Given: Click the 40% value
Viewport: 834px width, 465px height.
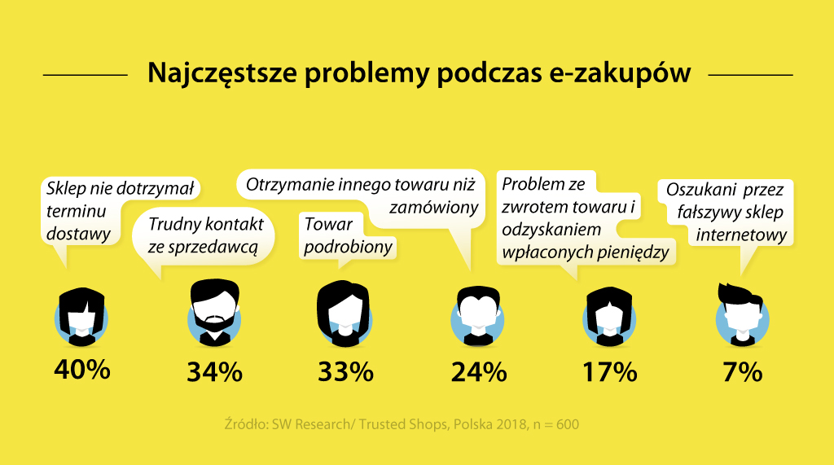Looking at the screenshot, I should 81,370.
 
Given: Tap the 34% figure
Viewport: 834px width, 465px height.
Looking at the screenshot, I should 214,371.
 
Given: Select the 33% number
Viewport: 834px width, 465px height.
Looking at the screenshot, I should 345,371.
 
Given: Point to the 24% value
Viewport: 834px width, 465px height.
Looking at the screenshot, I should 479,371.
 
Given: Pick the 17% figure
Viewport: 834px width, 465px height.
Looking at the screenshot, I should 609,371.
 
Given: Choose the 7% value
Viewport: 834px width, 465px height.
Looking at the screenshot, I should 742,371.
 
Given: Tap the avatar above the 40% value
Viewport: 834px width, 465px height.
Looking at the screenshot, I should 81,313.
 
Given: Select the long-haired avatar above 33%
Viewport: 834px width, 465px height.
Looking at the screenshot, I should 345,312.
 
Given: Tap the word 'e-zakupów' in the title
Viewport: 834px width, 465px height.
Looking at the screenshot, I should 618,73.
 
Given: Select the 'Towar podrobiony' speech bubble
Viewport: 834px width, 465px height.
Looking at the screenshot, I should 348,235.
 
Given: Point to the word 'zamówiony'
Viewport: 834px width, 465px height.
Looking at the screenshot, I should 433,208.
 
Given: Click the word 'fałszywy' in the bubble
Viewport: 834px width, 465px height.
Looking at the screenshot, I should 698,213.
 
